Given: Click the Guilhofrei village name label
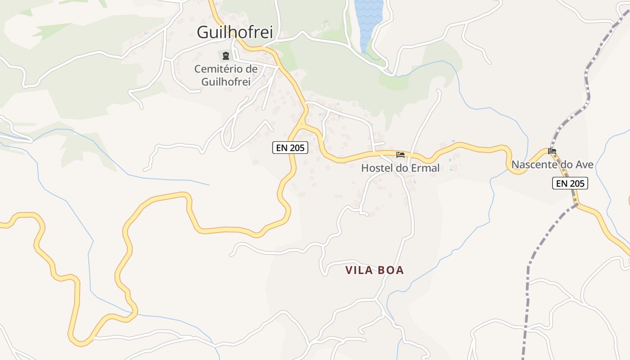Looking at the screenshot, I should click(x=235, y=32).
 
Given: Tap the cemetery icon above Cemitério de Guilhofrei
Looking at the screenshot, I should click(x=225, y=56).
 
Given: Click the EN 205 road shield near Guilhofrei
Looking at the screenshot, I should click(x=290, y=147).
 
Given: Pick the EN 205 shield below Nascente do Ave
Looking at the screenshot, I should click(x=570, y=183).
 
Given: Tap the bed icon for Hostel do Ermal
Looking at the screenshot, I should click(x=400, y=155).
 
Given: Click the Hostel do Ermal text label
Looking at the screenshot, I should click(x=400, y=168).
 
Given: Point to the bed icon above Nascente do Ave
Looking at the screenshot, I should click(x=552, y=151).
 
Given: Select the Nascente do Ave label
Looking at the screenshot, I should click(x=552, y=165).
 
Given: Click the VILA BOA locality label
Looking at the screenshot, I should click(x=374, y=270).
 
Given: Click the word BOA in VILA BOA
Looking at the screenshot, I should click(x=391, y=270).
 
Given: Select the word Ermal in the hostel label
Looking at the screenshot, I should click(x=425, y=168).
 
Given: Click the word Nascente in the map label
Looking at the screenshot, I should click(x=534, y=165).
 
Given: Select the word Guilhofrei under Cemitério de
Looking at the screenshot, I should click(x=226, y=81).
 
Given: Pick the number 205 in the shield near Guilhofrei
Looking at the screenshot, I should click(x=297, y=147).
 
